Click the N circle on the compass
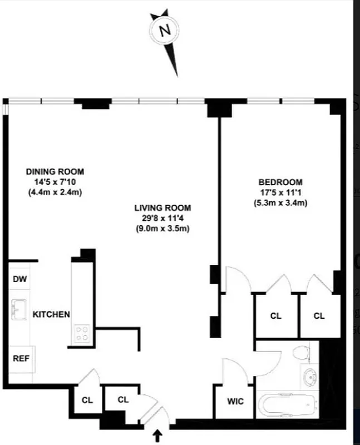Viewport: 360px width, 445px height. (x=165, y=31)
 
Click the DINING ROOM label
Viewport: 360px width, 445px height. (x=55, y=172)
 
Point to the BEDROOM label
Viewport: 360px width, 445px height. (x=280, y=182)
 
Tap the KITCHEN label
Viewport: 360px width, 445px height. (x=51, y=314)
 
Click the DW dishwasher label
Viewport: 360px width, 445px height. (x=20, y=279)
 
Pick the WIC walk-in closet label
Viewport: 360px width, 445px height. (x=234, y=401)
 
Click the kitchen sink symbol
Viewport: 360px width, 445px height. (x=20, y=309)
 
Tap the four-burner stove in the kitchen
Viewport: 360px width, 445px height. (x=82, y=333)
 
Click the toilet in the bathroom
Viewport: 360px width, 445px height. (x=301, y=352)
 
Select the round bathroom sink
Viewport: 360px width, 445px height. (x=309, y=379)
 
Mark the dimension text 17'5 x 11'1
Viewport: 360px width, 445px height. (x=280, y=192)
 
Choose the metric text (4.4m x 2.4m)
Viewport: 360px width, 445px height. (x=55, y=192)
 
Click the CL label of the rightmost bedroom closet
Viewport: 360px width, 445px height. (x=319, y=316)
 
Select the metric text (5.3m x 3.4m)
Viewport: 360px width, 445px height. (x=280, y=202)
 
